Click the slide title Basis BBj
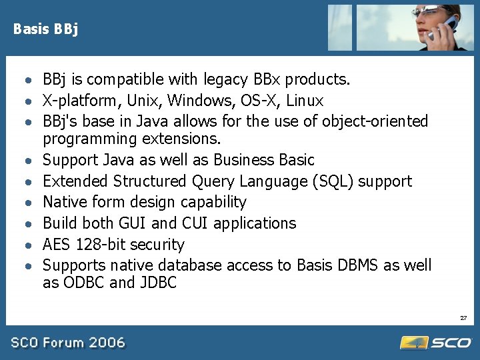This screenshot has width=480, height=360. click(45, 29)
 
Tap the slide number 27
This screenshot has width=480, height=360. click(463, 318)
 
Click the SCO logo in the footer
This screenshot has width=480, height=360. click(436, 343)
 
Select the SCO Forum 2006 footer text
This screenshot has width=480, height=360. click(67, 343)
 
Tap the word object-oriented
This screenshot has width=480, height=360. click(375, 121)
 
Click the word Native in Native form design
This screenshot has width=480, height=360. click(64, 202)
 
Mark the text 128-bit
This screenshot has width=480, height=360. click(105, 245)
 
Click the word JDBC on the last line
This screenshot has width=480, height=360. click(158, 283)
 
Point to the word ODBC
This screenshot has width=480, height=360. click(83, 283)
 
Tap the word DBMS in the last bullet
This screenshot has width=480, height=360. click(357, 265)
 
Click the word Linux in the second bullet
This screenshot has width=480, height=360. click(305, 101)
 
